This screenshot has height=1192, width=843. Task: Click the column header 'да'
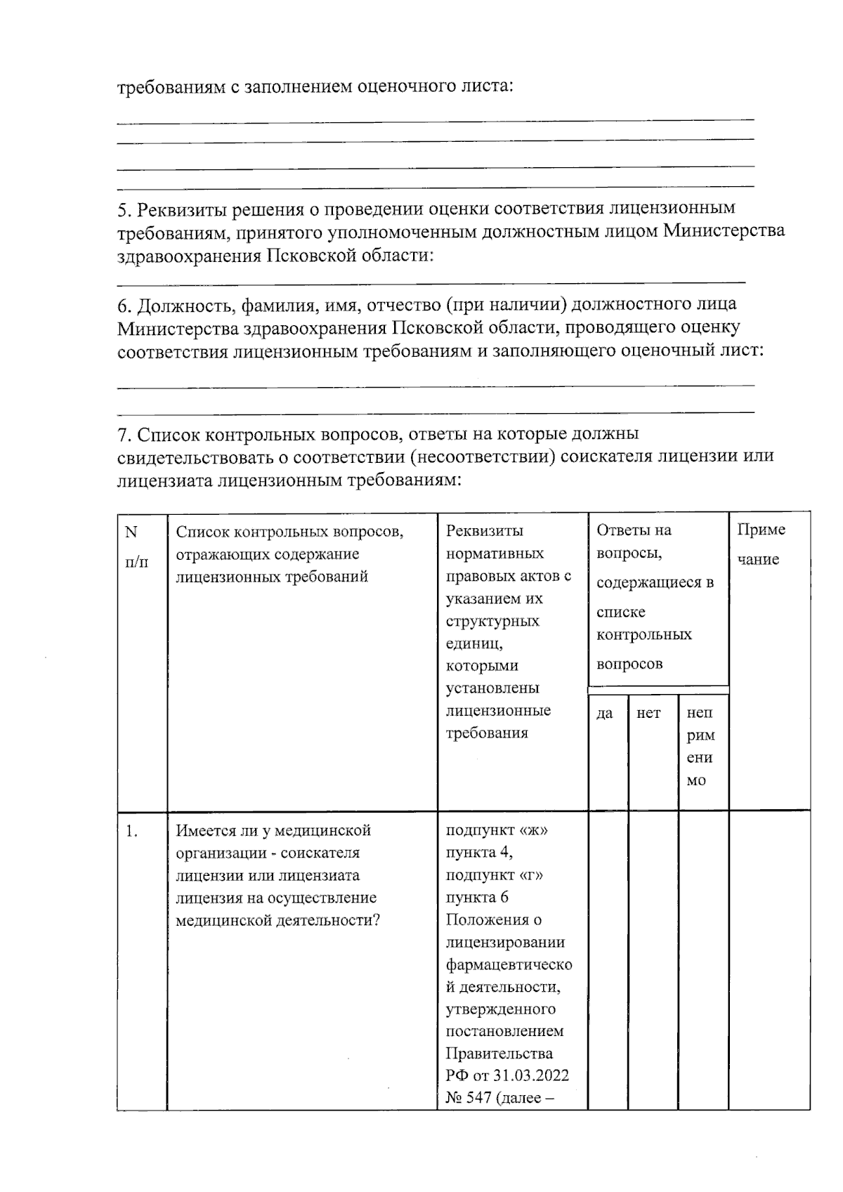(x=604, y=714)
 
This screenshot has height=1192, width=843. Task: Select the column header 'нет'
(x=648, y=714)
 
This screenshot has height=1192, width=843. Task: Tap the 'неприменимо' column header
(x=700, y=747)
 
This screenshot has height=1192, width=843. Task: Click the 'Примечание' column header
(x=761, y=544)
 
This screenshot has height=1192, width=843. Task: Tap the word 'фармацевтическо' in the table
(x=509, y=964)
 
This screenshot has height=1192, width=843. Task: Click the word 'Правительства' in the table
(x=499, y=1054)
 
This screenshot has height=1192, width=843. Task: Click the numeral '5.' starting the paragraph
(x=124, y=209)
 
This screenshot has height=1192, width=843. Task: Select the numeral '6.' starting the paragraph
(x=124, y=306)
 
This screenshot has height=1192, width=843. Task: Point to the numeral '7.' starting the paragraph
(x=124, y=435)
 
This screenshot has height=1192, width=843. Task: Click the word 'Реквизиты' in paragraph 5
(x=181, y=209)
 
